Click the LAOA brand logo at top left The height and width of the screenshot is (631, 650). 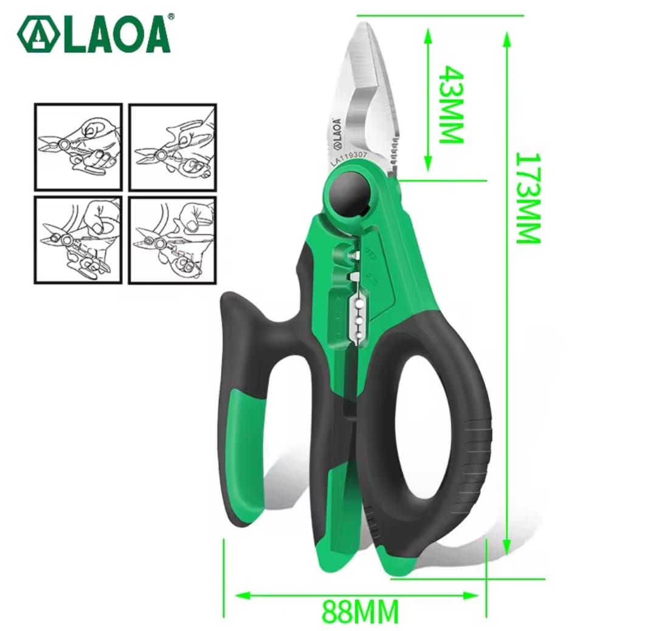(x=94, y=35)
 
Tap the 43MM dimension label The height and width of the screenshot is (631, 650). (x=451, y=104)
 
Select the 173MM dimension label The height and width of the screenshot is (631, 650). (x=528, y=198)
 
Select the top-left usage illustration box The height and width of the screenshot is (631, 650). (x=78, y=146)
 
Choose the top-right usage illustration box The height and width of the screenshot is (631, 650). (x=173, y=146)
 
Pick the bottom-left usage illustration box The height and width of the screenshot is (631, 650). (x=78, y=239)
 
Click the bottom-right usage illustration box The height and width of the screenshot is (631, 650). (x=173, y=239)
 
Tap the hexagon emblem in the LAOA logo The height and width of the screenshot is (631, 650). (x=38, y=36)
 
